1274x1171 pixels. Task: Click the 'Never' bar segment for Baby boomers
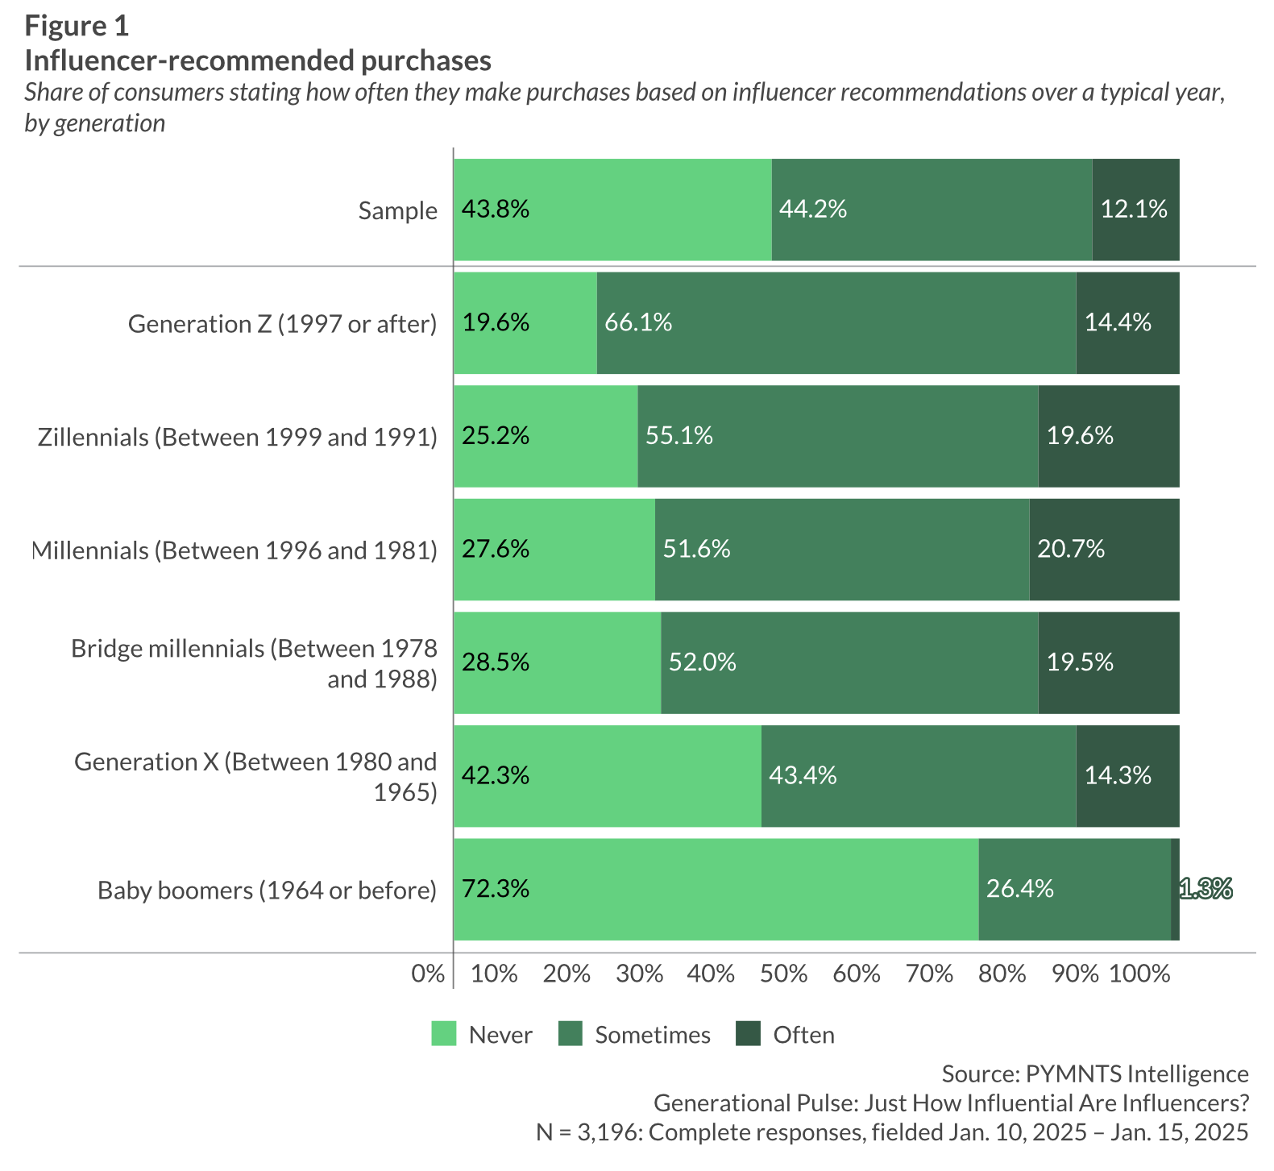716,889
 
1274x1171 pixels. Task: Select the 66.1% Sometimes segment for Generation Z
836,323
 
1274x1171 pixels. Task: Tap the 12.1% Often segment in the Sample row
1135,210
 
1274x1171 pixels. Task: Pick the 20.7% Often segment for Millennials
1104,550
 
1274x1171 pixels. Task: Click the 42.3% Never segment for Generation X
607,776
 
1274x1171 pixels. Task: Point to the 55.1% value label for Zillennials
679,436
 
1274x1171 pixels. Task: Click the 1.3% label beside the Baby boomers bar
1206,889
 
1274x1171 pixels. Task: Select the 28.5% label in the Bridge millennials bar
496,662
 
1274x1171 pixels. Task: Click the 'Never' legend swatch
444,1034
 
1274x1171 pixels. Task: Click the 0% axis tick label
428,974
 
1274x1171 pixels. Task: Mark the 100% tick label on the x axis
1139,974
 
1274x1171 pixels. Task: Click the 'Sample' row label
398,210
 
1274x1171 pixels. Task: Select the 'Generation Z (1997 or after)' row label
282,324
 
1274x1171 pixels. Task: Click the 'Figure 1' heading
77,26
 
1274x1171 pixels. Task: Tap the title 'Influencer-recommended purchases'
258,60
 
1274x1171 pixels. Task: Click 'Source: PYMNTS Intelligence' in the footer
1095,1073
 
